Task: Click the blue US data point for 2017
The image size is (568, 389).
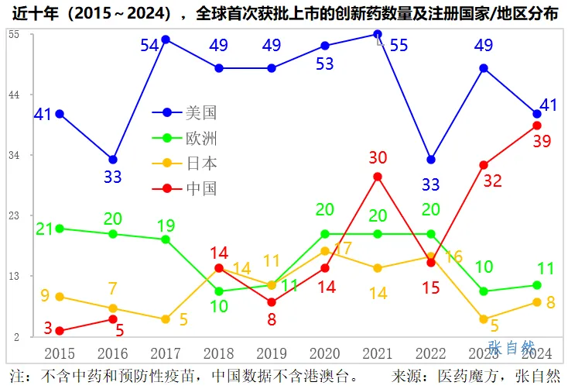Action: tap(166, 40)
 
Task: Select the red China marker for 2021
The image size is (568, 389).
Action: tap(378, 177)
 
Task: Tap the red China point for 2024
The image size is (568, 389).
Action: tap(537, 126)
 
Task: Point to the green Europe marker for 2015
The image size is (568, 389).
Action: tap(60, 229)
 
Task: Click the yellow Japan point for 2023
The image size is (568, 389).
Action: tap(484, 319)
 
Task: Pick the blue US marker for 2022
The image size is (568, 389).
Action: tap(431, 160)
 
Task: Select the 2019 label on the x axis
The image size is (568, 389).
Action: tap(272, 353)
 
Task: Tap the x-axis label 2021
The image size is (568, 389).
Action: tap(378, 353)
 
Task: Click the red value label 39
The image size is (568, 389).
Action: tap(541, 141)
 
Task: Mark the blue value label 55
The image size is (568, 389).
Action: tap(399, 46)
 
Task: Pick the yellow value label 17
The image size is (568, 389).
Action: tap(342, 249)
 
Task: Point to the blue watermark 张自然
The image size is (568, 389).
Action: tap(512, 347)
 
